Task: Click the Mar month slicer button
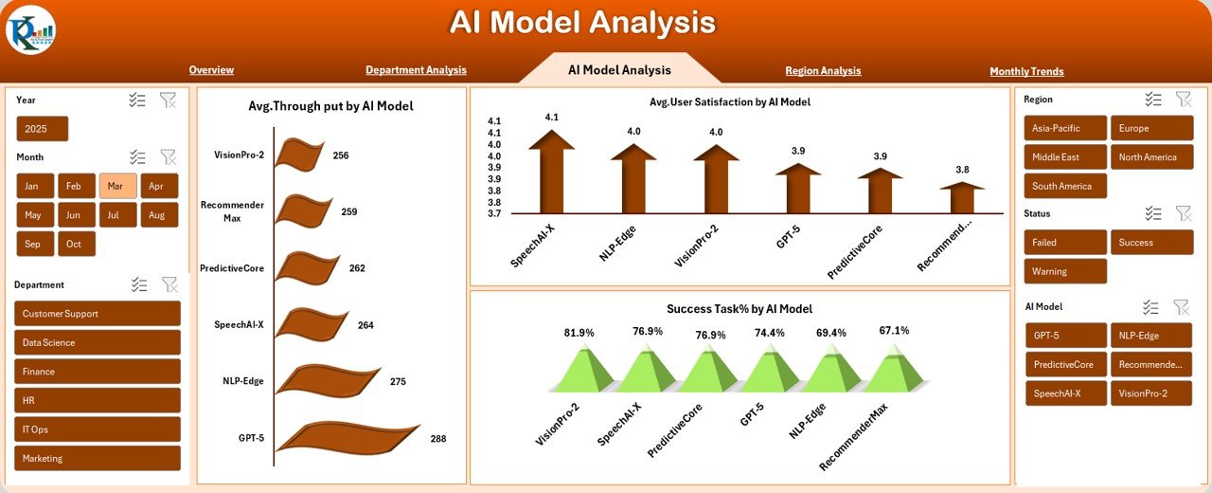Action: pyautogui.click(x=118, y=186)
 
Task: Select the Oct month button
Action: pyautogui.click(x=77, y=244)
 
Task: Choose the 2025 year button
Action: pyautogui.click(x=43, y=129)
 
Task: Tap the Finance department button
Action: pyautogui.click(x=98, y=372)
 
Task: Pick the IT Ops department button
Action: pyautogui.click(x=98, y=429)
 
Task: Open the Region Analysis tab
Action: pyautogui.click(x=823, y=70)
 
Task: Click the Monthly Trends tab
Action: pyautogui.click(x=1026, y=71)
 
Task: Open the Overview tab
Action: pyautogui.click(x=211, y=70)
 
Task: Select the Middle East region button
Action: pyautogui.click(x=1065, y=157)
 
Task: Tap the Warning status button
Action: pyautogui.click(x=1065, y=271)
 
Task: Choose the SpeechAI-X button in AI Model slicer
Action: pyautogui.click(x=1065, y=393)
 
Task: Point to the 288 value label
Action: pyautogui.click(x=437, y=439)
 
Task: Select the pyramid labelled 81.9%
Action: pyautogui.click(x=579, y=370)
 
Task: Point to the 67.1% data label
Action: pyautogui.click(x=894, y=331)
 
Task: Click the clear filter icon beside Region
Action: pyautogui.click(x=1184, y=100)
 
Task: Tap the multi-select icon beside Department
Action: pyautogui.click(x=139, y=284)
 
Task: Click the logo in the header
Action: pyautogui.click(x=30, y=29)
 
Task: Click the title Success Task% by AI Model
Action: pyautogui.click(x=739, y=309)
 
